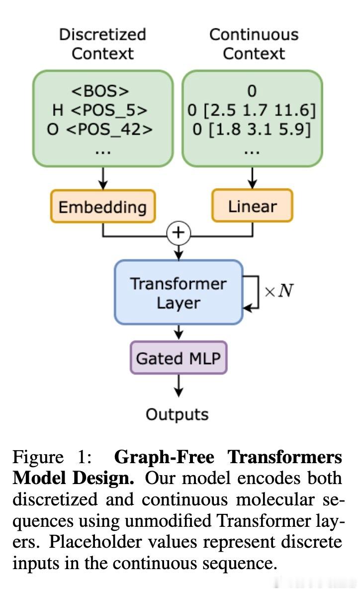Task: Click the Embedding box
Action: click(x=102, y=207)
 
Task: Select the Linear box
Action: click(x=252, y=206)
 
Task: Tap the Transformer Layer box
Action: click(x=179, y=293)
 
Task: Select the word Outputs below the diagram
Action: click(x=177, y=414)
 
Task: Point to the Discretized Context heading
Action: click(x=102, y=44)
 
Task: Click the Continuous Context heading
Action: click(x=254, y=44)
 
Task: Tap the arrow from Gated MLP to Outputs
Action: click(x=179, y=386)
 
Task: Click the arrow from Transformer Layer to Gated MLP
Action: click(x=179, y=332)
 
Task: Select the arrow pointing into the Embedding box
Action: click(x=102, y=178)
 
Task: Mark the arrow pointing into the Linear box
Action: click(x=252, y=178)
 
